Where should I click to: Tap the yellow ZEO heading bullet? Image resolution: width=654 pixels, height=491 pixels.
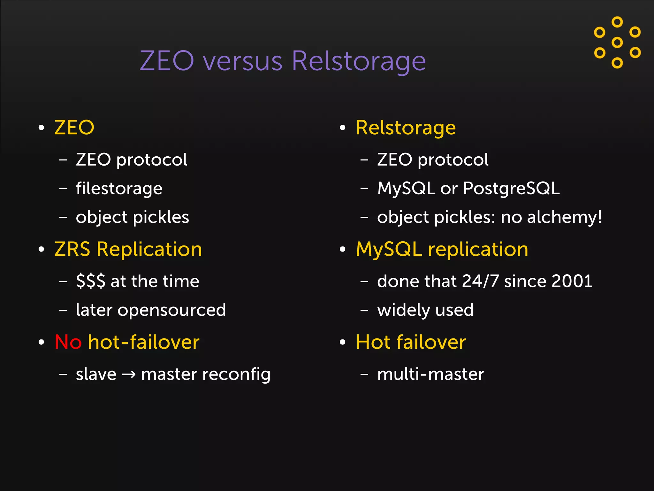(74, 128)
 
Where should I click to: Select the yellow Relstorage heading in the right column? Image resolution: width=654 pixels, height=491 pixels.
(406, 128)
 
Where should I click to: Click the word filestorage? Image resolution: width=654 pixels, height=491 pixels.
(119, 188)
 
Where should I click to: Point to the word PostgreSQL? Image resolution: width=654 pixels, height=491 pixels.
(511, 188)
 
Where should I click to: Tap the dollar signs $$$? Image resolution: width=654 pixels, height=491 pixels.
(91, 281)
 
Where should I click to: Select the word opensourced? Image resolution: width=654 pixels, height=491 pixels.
(172, 310)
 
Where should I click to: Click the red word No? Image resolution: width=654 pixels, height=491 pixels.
(68, 342)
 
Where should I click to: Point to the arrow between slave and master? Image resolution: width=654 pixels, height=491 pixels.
(129, 374)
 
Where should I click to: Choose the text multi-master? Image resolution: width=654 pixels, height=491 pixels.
(430, 374)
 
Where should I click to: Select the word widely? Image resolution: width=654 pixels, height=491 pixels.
(403, 310)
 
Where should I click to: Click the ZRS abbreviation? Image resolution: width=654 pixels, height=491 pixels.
(72, 249)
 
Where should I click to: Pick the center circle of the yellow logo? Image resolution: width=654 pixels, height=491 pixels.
(617, 42)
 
